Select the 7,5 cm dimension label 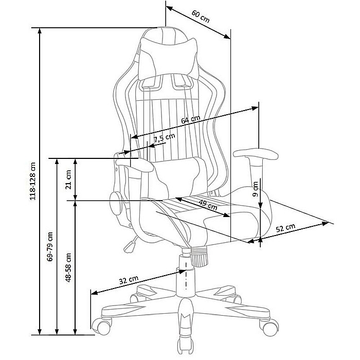[165, 137]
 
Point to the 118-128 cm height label [33, 182]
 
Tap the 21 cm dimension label [68, 179]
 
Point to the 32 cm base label [129, 280]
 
